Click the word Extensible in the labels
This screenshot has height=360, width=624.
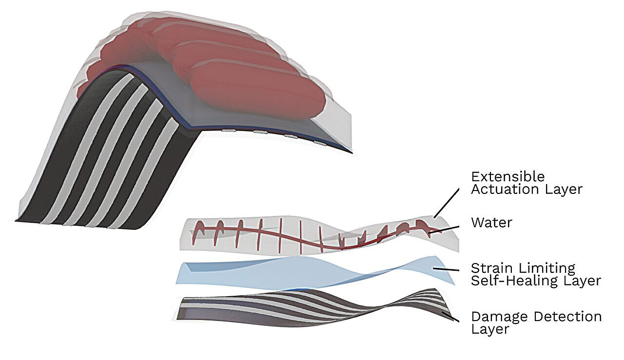[x=508, y=177]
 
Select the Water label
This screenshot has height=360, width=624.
[x=492, y=223]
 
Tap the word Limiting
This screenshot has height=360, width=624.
[x=546, y=268]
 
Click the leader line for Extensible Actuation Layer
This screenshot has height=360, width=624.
[x=446, y=203]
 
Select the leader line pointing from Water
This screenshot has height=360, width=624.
[x=444, y=230]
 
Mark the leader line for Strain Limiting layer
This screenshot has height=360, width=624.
[x=446, y=269]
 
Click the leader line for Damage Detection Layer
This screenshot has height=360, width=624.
[x=450, y=317]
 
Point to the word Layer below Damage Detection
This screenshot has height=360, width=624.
[x=490, y=329]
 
